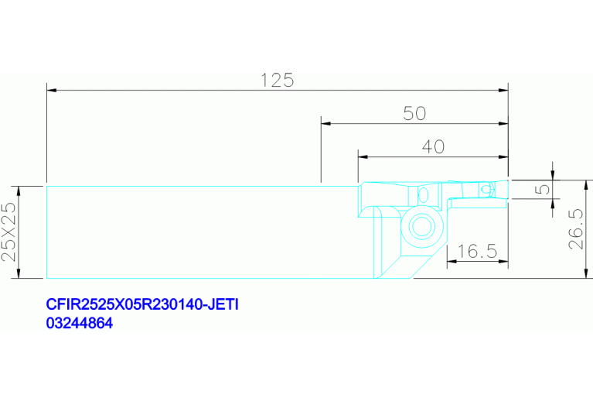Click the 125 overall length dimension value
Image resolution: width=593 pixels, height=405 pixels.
tap(278, 81)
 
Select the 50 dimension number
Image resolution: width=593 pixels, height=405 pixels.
tap(414, 113)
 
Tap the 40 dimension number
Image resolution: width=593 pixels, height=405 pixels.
tap(433, 146)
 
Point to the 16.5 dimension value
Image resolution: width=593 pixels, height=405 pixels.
tap(477, 251)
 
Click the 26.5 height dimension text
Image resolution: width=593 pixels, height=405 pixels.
tap(577, 228)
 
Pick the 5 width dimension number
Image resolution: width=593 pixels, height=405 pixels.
tap(543, 189)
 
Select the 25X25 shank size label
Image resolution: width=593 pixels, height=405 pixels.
tap(9, 232)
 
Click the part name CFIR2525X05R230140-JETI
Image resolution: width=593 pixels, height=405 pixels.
tap(142, 304)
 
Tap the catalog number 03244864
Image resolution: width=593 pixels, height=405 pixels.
tap(80, 323)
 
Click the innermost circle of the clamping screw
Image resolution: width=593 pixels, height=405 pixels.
tap(421, 227)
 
